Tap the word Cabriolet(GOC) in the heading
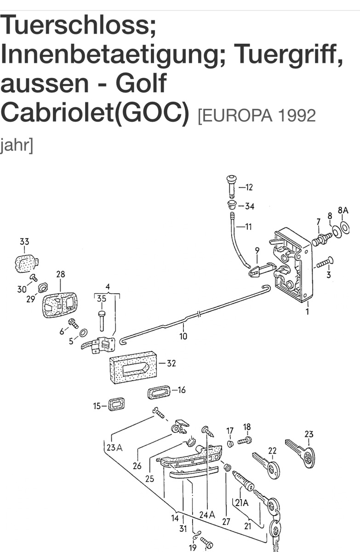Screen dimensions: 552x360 pyautogui.click(x=94, y=113)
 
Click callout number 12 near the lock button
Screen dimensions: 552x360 pyautogui.click(x=249, y=187)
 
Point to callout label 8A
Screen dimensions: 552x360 pyautogui.click(x=343, y=211)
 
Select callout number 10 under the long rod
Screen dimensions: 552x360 pyautogui.click(x=183, y=336)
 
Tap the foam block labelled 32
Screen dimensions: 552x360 pyautogui.click(x=132, y=367)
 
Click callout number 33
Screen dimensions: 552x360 pyautogui.click(x=24, y=241)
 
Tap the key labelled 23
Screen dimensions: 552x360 pyautogui.click(x=302, y=453)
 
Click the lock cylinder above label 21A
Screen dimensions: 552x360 pyautogui.click(x=243, y=481)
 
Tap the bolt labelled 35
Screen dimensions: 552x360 pyautogui.click(x=102, y=320)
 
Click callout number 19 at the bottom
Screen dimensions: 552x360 pyautogui.click(x=193, y=547)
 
